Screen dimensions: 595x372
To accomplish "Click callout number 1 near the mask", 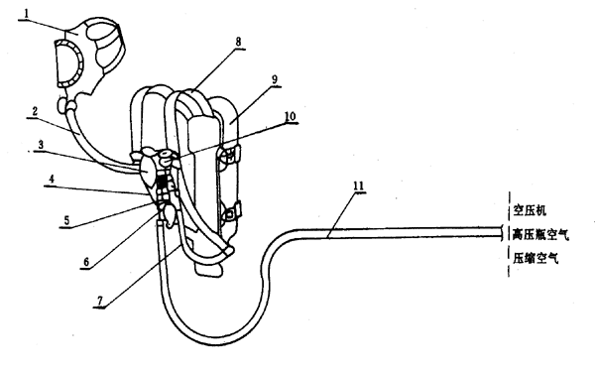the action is pos(26,13).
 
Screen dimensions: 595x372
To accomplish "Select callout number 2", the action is pos(35,111).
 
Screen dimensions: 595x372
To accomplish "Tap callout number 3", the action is pos(41,144).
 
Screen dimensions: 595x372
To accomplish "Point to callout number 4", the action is pos(52,179).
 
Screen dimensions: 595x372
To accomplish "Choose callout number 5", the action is pos(66,220).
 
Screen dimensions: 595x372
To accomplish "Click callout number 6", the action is pos(86,262).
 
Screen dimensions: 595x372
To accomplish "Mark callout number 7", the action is pos(100,301).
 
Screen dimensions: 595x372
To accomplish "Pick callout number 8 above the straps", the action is pos(238,42).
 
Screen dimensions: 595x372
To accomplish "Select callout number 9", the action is pos(275,79).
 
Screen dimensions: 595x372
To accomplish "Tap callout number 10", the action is pos(290,116).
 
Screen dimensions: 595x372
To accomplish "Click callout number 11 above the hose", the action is pos(359,186).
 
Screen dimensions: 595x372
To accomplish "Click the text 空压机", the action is pos(530,210).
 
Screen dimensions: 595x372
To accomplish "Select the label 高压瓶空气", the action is pos(540,234).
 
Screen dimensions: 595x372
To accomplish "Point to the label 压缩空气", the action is pos(535,259).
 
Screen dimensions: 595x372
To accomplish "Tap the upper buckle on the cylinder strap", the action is pos(229,156).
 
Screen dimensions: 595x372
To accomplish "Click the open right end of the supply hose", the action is pos(503,233).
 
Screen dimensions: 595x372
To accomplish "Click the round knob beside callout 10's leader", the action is pos(166,156).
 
